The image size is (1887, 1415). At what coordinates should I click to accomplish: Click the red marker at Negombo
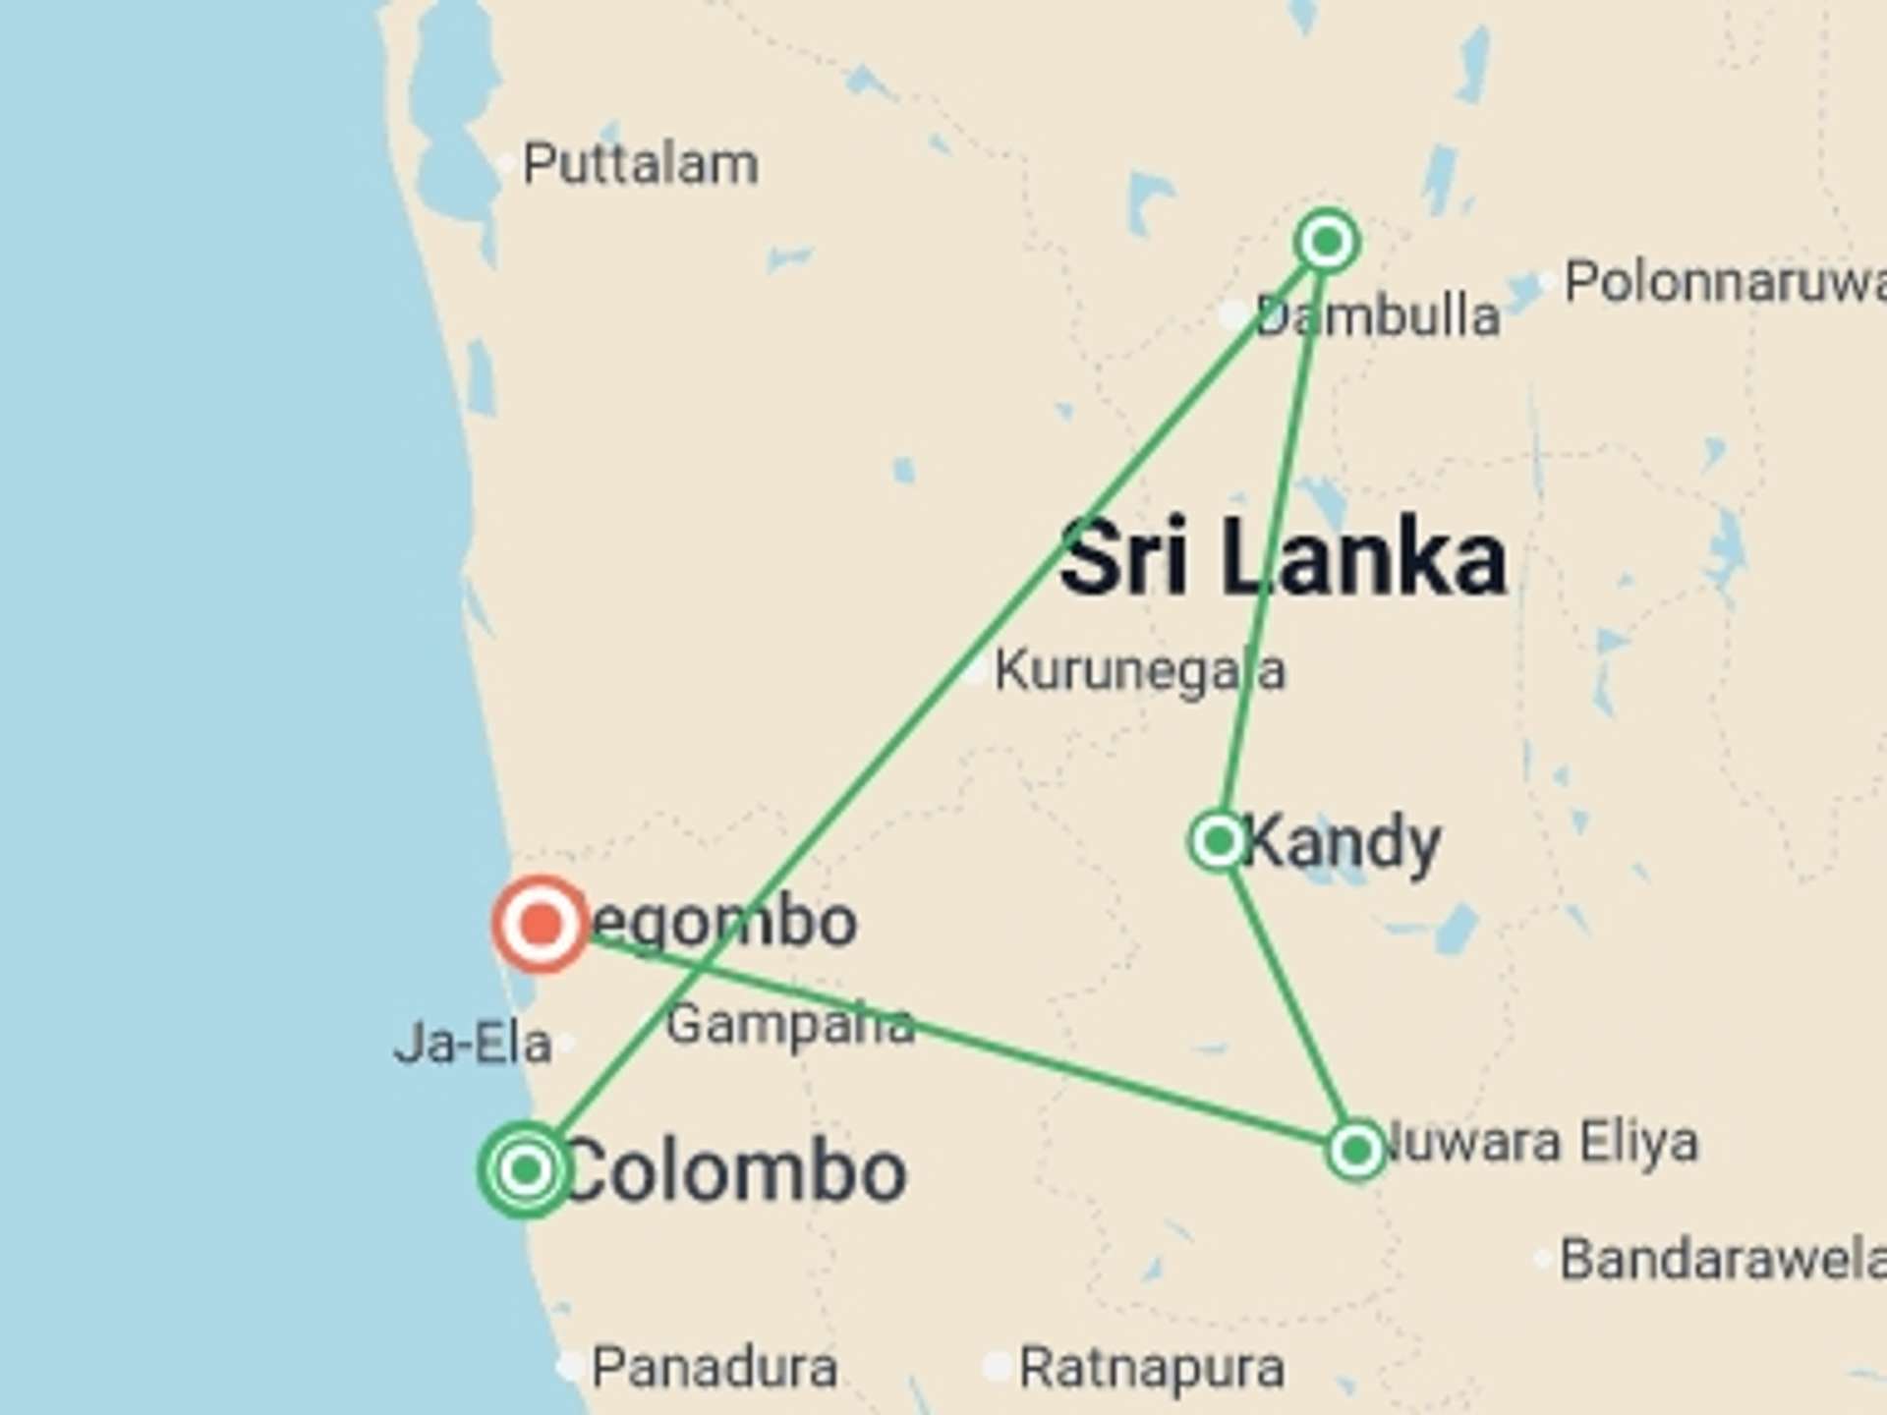pyautogui.click(x=540, y=924)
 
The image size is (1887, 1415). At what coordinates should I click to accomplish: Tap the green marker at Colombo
pyautogui.click(x=527, y=1169)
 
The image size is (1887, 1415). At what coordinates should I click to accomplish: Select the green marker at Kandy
pyautogui.click(x=1219, y=841)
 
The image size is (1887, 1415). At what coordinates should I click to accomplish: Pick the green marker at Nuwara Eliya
pyautogui.click(x=1357, y=1149)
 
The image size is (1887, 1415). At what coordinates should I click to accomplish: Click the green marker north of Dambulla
pyautogui.click(x=1328, y=241)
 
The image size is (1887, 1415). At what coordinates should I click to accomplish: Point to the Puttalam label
pyautogui.click(x=640, y=164)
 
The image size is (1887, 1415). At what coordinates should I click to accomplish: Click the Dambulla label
pyautogui.click(x=1378, y=316)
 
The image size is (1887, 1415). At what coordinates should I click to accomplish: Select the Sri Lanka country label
pyautogui.click(x=1283, y=557)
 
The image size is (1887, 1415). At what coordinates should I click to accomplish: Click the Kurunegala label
pyautogui.click(x=1139, y=671)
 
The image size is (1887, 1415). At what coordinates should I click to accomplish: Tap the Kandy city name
pyautogui.click(x=1343, y=842)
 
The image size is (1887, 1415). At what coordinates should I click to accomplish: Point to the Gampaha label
pyautogui.click(x=790, y=1025)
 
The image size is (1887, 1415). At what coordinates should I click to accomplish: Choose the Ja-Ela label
pyautogui.click(x=473, y=1044)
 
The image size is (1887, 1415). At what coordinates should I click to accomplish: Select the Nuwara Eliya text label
pyautogui.click(x=1540, y=1142)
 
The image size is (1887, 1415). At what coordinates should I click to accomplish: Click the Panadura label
pyautogui.click(x=715, y=1367)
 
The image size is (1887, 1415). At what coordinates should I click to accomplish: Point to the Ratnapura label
pyautogui.click(x=1151, y=1368)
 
